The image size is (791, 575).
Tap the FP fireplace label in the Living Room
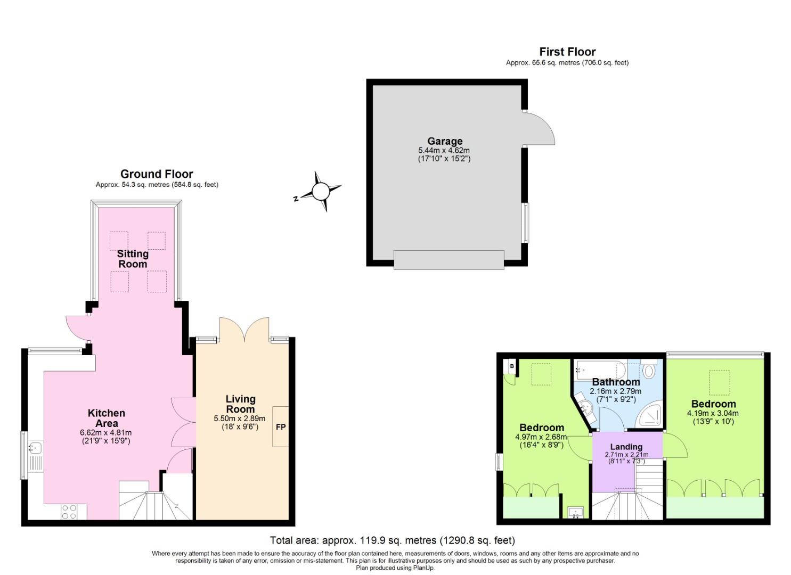pos(280,427)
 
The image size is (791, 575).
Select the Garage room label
pos(445,141)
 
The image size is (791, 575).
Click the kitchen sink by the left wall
pos(35,448)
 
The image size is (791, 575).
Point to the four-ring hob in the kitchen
pos(69,512)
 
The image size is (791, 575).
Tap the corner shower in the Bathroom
pos(650,415)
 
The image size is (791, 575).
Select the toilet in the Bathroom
pos(649,371)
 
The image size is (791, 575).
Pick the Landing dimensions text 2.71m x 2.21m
pos(626,455)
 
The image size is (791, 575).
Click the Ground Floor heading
pos(157,174)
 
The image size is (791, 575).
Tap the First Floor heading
pos(567,52)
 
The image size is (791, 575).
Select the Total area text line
pos(393,540)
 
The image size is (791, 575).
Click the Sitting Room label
pos(133,259)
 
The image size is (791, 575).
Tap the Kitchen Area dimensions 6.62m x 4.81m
pos(105,432)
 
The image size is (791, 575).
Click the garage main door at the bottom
pos(448,260)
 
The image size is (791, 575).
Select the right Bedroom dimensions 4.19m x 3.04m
pos(713,413)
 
